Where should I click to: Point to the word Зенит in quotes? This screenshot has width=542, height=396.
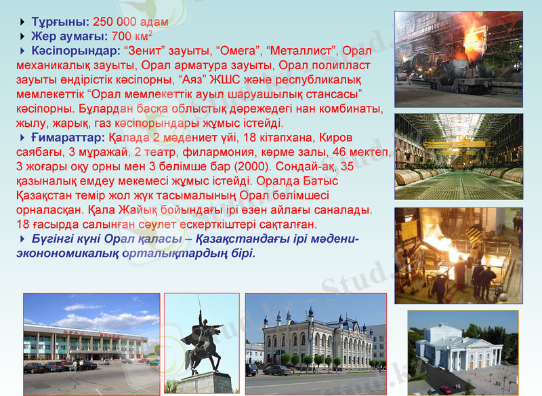click(143, 51)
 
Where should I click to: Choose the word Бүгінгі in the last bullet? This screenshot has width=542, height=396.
click(55, 239)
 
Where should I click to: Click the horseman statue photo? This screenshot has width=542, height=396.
click(201, 343)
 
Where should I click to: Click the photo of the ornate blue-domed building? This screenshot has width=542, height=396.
click(315, 343)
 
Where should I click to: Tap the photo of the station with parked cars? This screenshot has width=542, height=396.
click(91, 343)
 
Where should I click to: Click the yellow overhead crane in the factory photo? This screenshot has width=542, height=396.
click(458, 143)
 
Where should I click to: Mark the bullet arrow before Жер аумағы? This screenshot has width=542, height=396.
click(24, 37)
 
